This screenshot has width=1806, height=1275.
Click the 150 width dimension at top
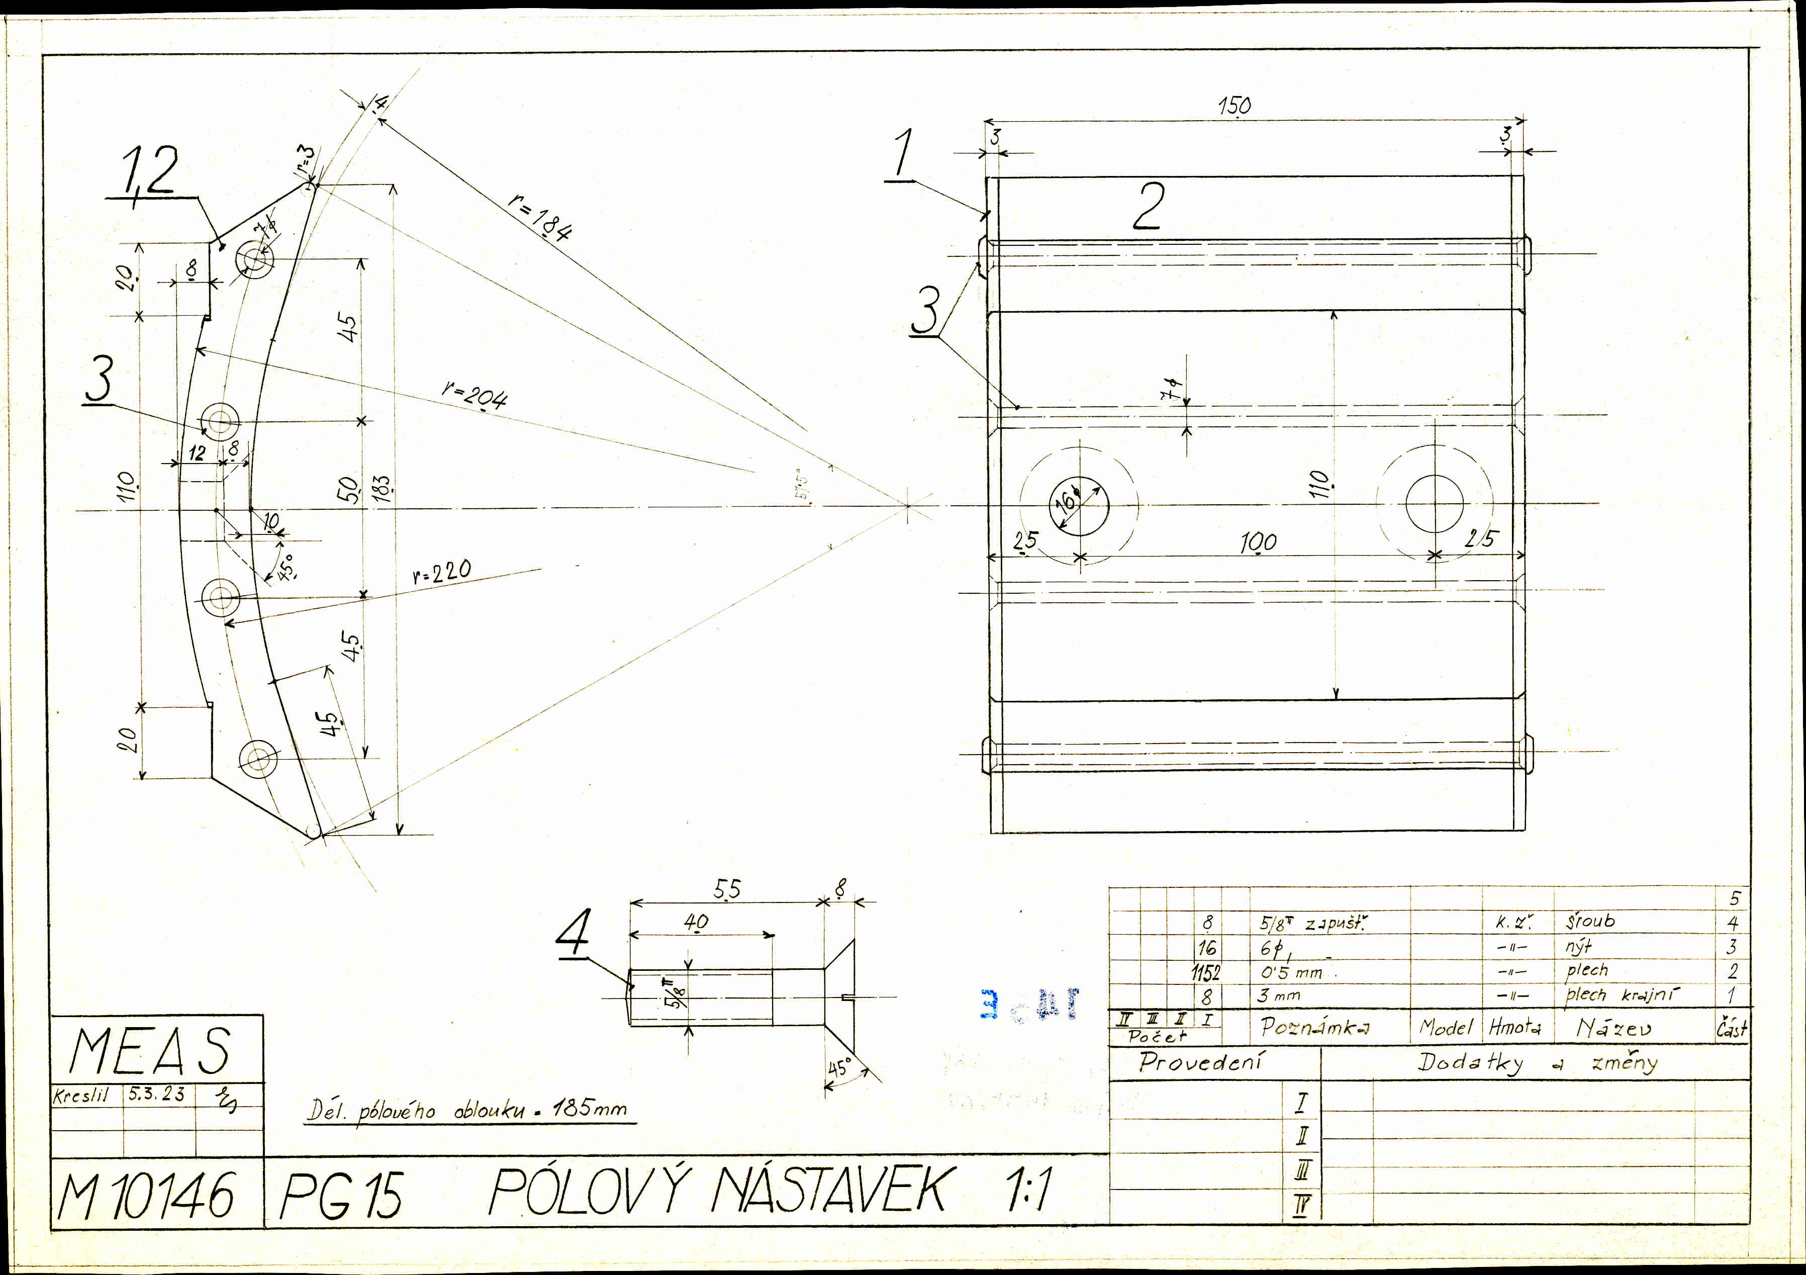1234,106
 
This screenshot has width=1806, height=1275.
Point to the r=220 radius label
441,572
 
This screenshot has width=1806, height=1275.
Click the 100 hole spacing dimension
1258,542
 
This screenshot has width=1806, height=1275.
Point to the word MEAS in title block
149,1051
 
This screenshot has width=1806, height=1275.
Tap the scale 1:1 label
1026,1190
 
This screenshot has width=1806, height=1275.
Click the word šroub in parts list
1590,920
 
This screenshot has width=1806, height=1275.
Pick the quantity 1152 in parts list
1206,973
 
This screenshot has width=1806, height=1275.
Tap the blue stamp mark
1029,1005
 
